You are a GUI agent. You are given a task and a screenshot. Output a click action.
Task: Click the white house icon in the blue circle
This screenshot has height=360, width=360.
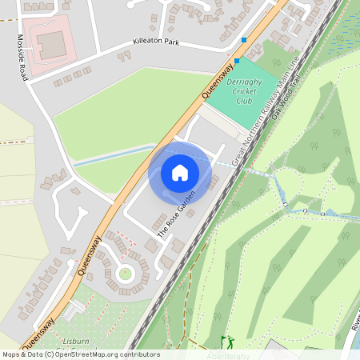click(180, 172)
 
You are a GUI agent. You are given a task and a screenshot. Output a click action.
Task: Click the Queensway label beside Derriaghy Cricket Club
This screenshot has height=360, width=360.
click(218, 81)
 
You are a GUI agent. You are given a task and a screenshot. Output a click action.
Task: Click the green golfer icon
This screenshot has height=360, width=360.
click(226, 341)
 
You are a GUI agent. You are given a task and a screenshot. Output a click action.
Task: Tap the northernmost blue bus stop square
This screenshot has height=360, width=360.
click(244, 39)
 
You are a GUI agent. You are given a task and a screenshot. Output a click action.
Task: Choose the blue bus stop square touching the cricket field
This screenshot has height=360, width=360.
click(237, 60)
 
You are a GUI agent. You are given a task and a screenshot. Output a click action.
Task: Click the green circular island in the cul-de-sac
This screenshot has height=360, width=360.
click(125, 274)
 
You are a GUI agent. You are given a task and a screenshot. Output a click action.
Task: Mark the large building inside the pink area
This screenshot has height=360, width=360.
click(54, 45)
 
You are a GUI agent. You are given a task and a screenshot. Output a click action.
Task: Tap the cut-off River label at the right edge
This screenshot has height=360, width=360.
click(354, 323)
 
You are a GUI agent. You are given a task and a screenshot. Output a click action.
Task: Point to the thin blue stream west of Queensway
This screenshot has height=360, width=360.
click(112, 155)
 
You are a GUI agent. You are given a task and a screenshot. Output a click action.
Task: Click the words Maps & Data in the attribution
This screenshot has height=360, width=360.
click(22, 354)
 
